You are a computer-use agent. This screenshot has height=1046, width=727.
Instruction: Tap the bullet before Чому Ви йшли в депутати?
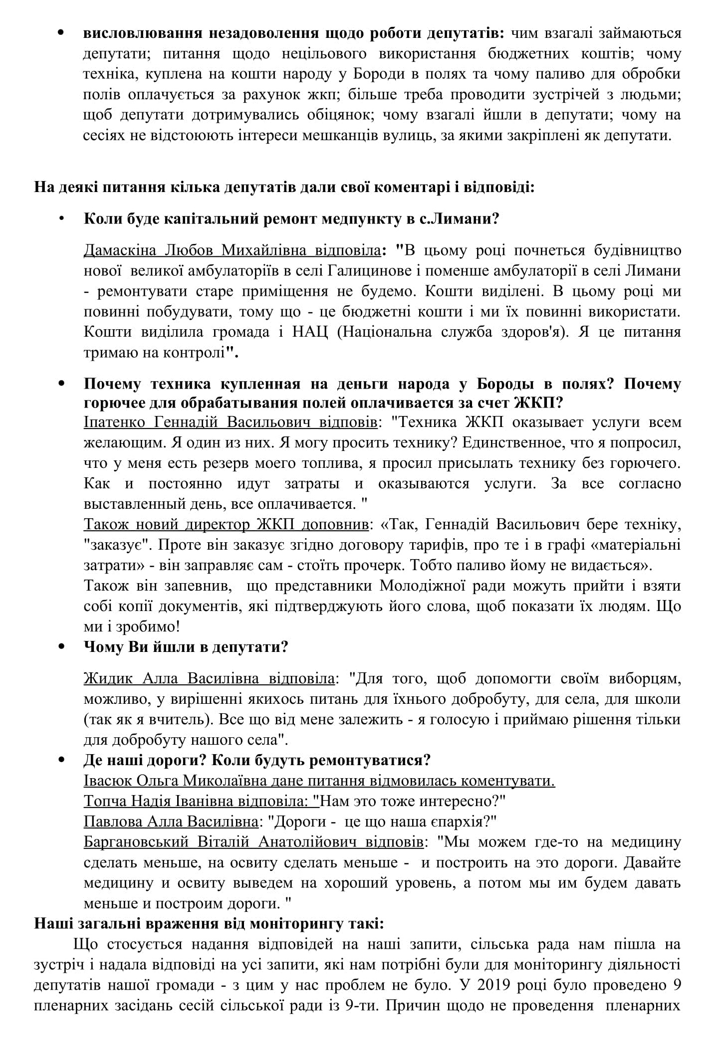[x=62, y=647]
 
